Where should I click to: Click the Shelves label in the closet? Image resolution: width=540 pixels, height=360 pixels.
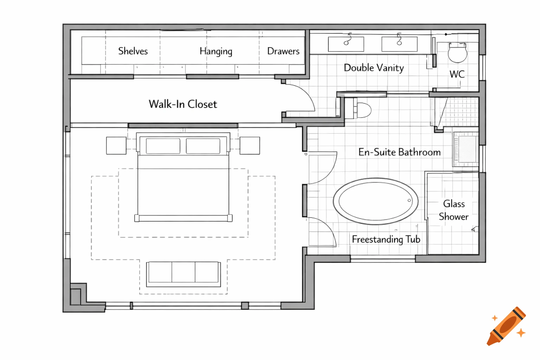(133, 51)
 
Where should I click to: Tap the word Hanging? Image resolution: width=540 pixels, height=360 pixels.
(216, 51)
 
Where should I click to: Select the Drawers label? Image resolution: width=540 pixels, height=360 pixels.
(283, 51)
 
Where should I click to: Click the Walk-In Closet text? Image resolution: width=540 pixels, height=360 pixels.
(183, 104)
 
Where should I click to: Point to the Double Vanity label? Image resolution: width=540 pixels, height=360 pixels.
(374, 67)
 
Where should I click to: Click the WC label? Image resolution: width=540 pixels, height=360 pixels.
(457, 74)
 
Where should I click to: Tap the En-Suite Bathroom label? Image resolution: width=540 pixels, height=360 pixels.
(399, 152)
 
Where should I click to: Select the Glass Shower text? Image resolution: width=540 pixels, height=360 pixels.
(454, 210)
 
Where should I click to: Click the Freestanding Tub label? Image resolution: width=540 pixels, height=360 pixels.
(386, 239)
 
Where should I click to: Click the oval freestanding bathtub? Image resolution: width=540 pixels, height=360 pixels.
(375, 201)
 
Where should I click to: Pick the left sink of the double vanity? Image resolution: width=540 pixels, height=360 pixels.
(346, 44)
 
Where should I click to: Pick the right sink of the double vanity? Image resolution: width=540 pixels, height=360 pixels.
(399, 44)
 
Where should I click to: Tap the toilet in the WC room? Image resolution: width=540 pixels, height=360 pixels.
(457, 53)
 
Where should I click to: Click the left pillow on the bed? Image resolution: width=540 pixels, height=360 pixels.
(163, 146)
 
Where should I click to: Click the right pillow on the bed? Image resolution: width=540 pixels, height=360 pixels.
(203, 146)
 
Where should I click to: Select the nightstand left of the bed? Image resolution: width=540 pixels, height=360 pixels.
(116, 146)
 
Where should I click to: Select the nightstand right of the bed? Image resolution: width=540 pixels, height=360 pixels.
(250, 146)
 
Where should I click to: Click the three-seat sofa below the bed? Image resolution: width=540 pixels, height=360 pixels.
(183, 273)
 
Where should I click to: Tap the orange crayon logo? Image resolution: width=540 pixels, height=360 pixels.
(506, 326)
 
